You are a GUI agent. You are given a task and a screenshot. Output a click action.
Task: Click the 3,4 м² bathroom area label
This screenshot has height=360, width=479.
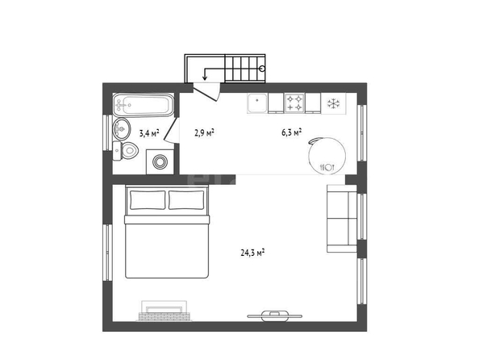click(x=149, y=133)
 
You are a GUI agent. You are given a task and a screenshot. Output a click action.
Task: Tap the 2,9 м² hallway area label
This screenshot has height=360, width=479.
click(x=204, y=132)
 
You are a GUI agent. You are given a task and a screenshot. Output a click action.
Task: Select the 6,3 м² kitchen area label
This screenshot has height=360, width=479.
click(x=292, y=132)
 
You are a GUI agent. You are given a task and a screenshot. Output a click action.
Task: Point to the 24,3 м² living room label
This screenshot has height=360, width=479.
click(x=252, y=253)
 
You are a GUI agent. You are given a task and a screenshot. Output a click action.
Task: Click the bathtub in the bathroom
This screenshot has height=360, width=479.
click(x=144, y=105)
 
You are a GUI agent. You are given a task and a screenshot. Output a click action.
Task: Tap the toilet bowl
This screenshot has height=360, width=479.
click(x=129, y=150)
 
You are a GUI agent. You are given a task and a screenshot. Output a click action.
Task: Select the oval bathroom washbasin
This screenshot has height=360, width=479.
click(x=122, y=129)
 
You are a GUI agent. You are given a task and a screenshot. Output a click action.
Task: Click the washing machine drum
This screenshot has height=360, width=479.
click(x=160, y=161)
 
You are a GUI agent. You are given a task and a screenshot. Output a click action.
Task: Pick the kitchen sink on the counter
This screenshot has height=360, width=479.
click(x=257, y=103)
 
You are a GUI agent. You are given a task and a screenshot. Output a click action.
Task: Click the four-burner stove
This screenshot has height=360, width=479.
click(x=295, y=103)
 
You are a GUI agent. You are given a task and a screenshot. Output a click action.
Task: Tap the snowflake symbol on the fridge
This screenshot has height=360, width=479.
click(x=334, y=103)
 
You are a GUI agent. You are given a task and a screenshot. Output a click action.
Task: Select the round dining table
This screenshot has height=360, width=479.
click(x=327, y=156)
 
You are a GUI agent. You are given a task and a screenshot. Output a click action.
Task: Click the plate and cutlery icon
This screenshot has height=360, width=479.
click(x=327, y=167)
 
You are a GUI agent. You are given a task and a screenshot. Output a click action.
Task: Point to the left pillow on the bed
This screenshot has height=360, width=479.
click(x=148, y=200)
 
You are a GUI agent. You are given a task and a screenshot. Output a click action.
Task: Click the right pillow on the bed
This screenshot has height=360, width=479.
click(x=186, y=200)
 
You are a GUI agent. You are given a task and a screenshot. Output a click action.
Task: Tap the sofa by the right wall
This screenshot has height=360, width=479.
click(x=342, y=219)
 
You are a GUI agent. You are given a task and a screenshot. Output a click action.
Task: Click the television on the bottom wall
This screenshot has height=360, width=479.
click(x=275, y=316)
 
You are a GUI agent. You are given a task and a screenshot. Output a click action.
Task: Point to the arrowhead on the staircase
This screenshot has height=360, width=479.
click(x=205, y=78)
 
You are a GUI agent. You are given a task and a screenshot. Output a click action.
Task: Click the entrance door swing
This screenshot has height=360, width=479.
click(x=206, y=91)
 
